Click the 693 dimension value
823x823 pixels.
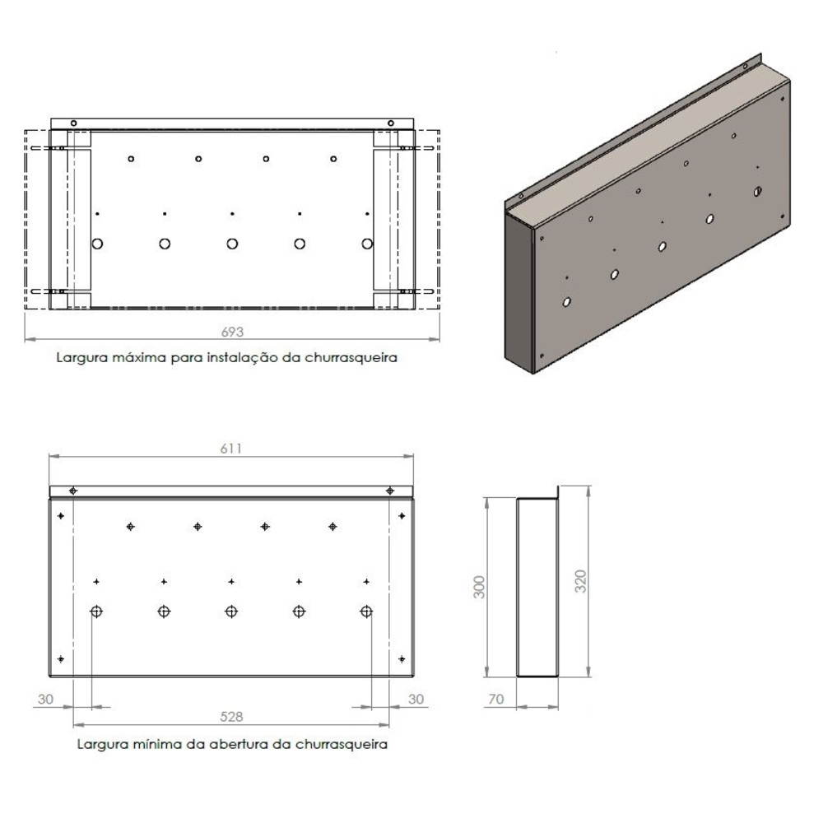coord(232,332)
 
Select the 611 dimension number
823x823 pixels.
coord(231,449)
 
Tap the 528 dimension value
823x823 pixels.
coord(231,717)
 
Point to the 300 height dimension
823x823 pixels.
coord(479,587)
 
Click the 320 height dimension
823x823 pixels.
coord(580,581)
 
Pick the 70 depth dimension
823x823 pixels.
coord(496,699)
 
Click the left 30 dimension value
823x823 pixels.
coord(45,699)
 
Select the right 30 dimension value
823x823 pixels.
coord(416,699)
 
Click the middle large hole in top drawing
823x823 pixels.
coord(232,244)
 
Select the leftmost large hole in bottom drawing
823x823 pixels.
coord(96,611)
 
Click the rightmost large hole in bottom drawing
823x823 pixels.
coord(366,611)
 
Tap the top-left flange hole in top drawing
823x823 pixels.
coord(73,123)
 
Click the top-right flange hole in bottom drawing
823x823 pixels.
coord(390,491)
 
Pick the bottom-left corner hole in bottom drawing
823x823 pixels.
coord(61,658)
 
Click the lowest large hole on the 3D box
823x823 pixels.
coord(566,302)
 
